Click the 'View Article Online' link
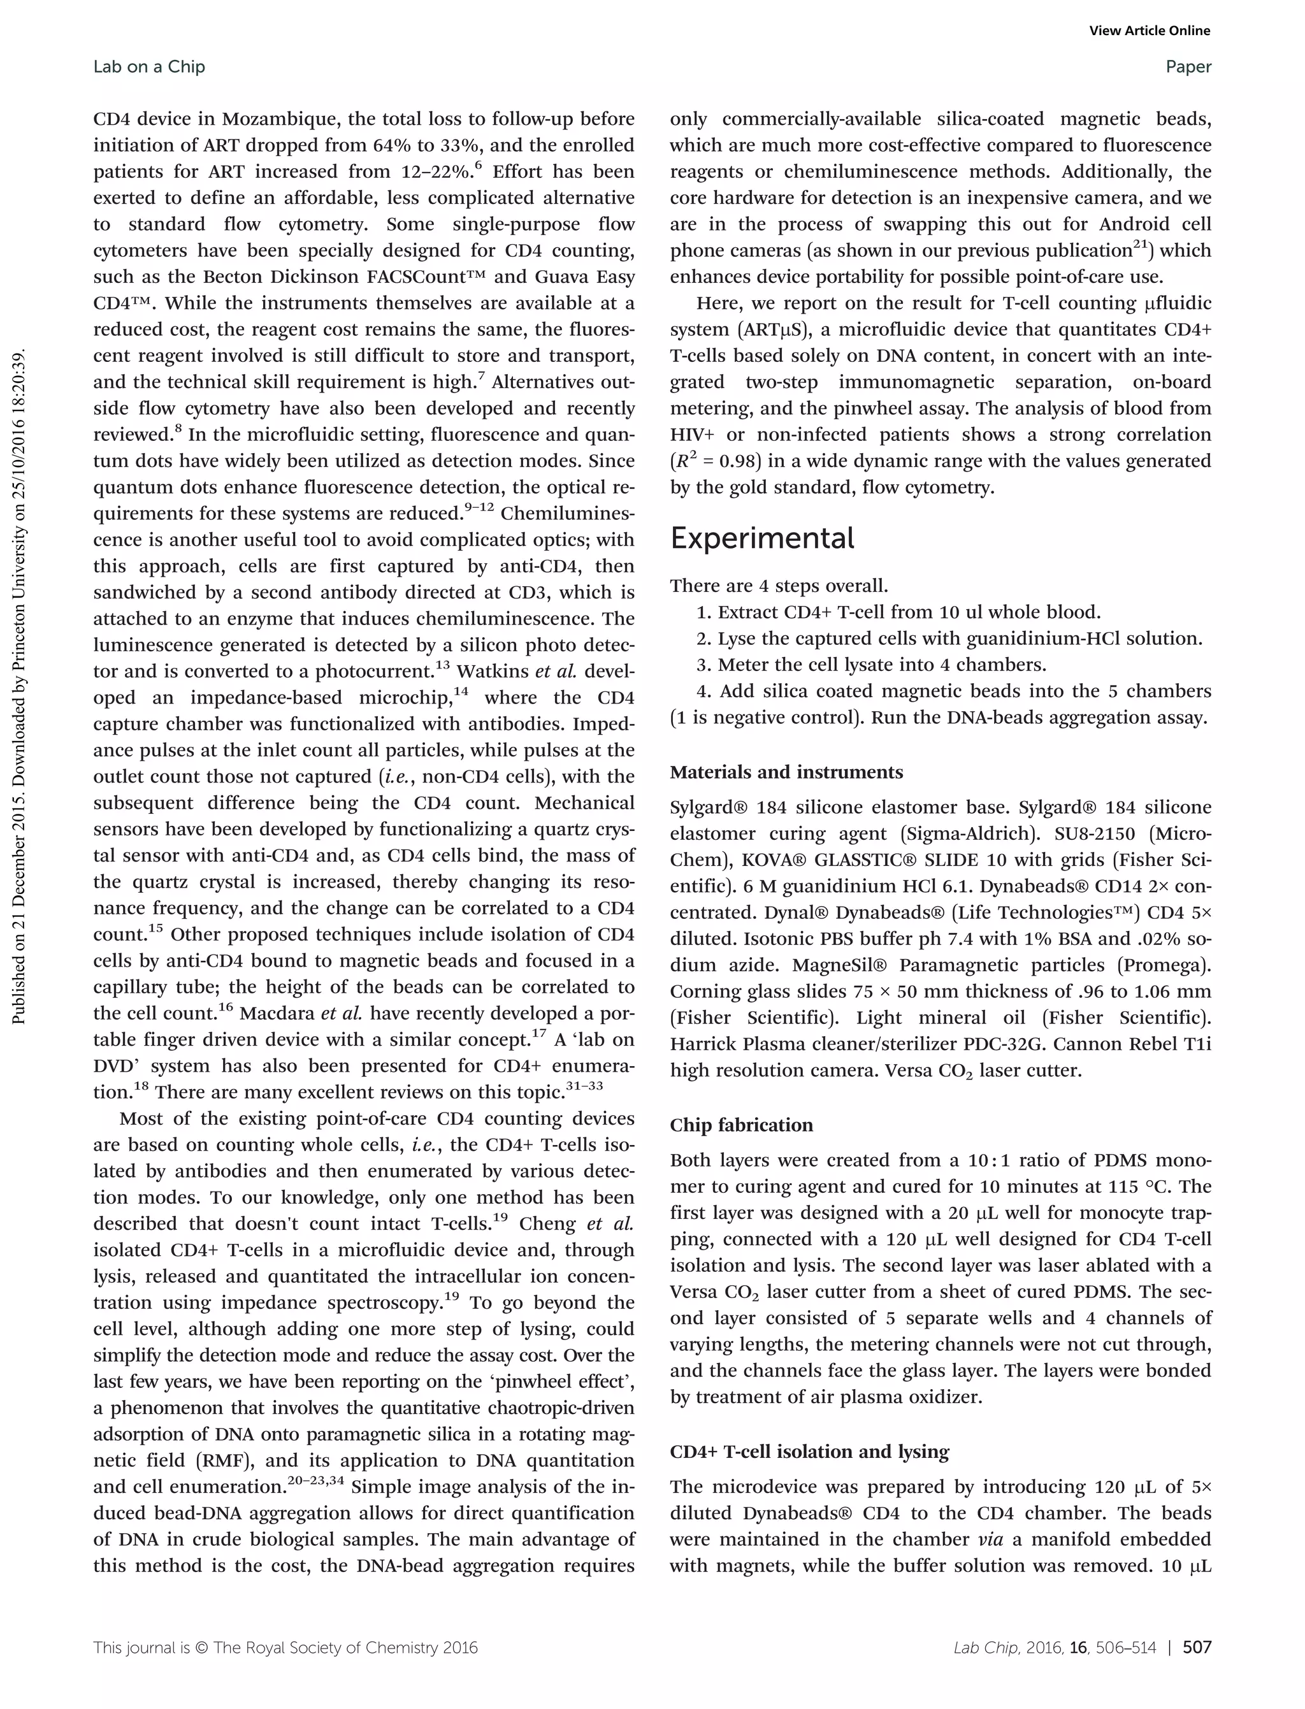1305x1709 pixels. (1149, 31)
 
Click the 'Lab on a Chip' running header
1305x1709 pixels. (149, 67)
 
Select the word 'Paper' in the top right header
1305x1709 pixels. (1188, 67)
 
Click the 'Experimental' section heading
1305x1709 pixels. (762, 538)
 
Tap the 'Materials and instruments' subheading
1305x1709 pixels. (786, 772)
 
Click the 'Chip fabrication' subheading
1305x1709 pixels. (741, 1125)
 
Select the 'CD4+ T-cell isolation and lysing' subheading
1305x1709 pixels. (809, 1452)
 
